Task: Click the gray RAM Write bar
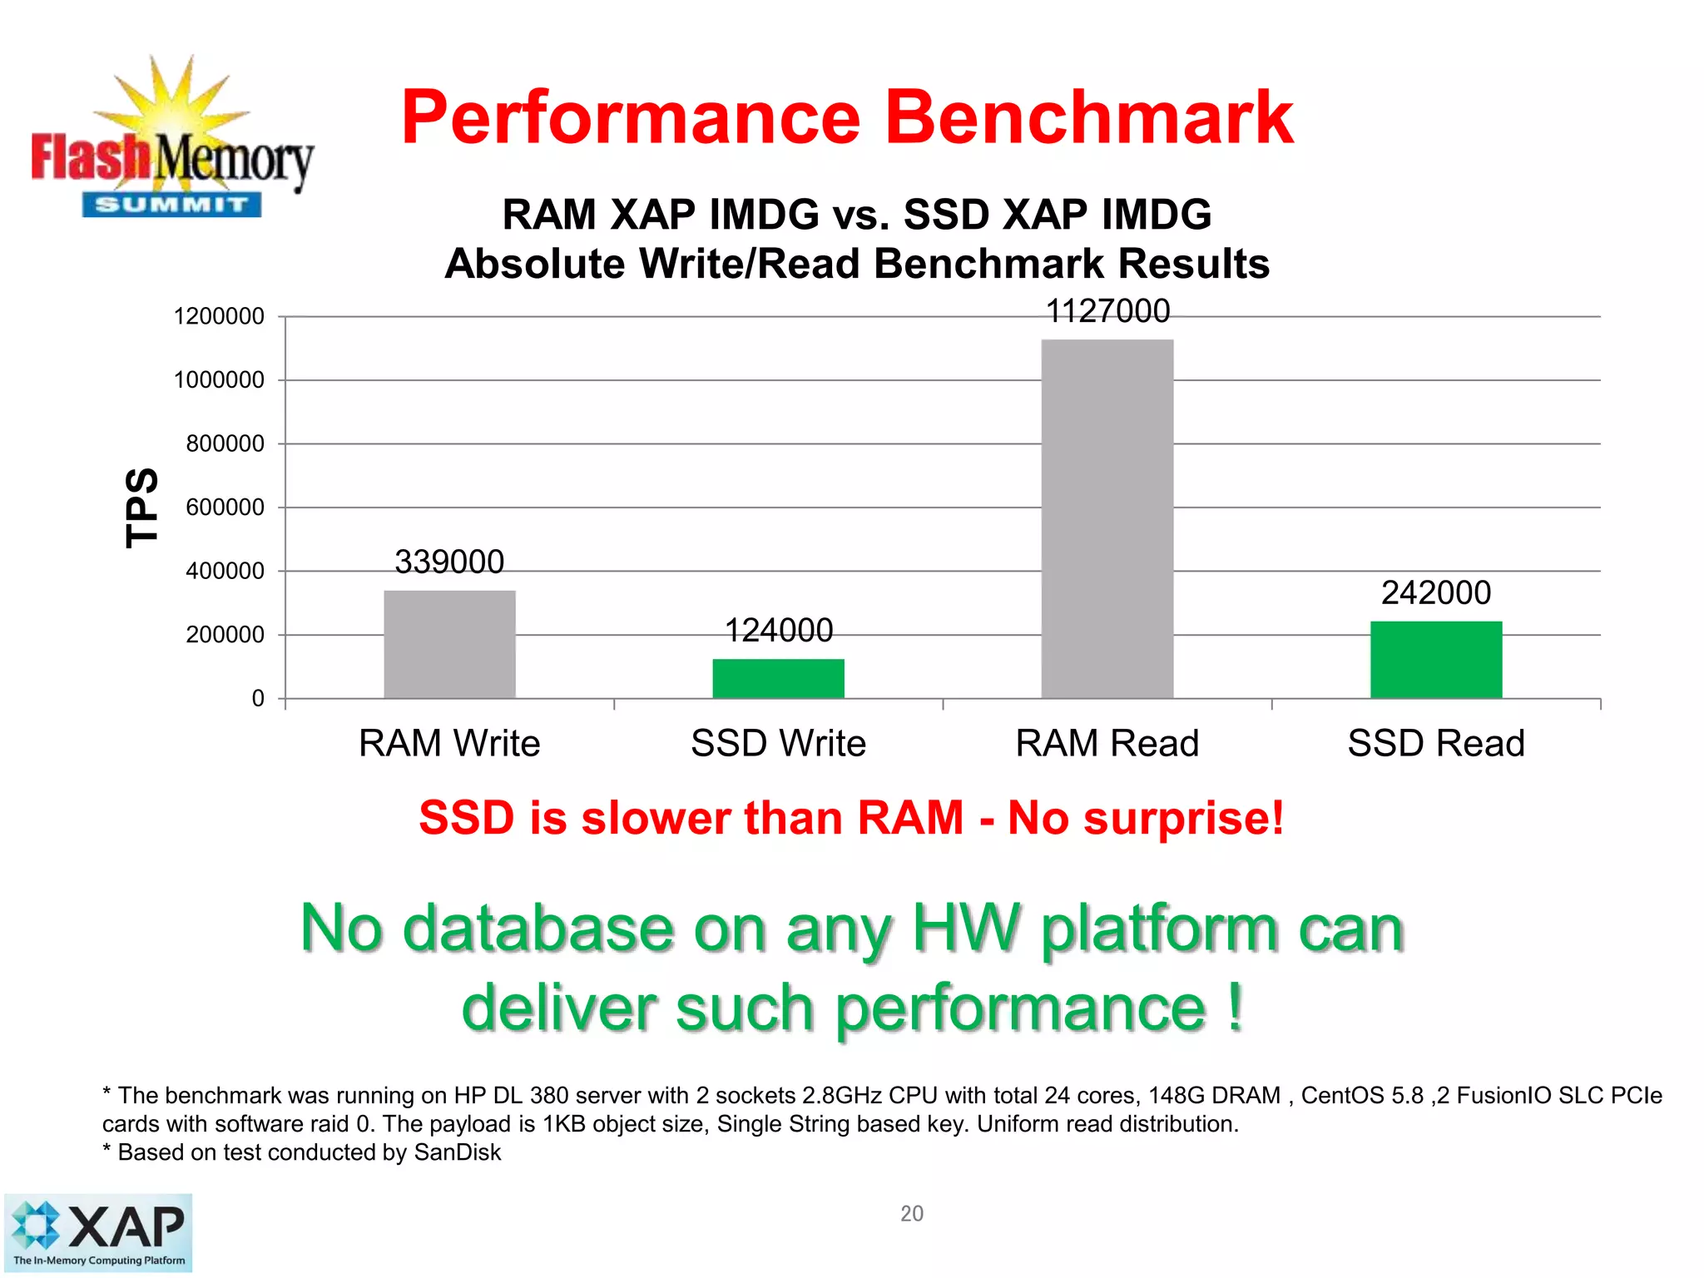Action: [449, 644]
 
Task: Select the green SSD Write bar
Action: [778, 678]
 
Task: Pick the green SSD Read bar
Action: [1436, 659]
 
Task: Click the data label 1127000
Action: [1107, 311]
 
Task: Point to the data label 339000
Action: [449, 562]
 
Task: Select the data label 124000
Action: [778, 630]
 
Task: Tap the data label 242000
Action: [1436, 592]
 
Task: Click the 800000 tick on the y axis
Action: [225, 443]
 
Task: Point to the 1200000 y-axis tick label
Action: [219, 316]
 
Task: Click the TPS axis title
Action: [141, 507]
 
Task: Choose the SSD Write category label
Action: [778, 743]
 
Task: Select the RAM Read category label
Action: [1107, 743]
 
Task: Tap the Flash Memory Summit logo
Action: [171, 141]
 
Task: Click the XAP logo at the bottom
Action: [98, 1233]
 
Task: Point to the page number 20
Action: [911, 1213]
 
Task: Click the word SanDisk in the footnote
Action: [457, 1152]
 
